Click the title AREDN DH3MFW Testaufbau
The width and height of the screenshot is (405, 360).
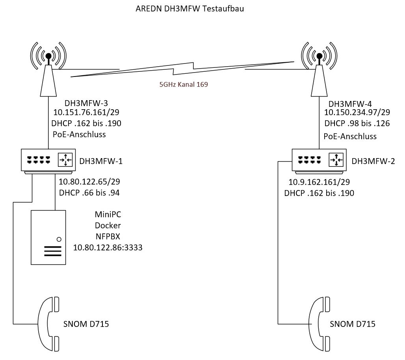pyautogui.click(x=189, y=9)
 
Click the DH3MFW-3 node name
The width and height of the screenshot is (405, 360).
pyautogui.click(x=86, y=103)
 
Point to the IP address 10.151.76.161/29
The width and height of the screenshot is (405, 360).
pyautogui.click(x=87, y=113)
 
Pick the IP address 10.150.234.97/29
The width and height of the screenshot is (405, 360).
pyautogui.click(x=357, y=114)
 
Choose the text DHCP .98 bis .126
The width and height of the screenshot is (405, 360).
pyautogui.click(x=357, y=123)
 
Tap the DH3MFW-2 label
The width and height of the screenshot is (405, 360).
pyautogui.click(x=373, y=161)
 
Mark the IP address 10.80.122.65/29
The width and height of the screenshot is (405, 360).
pyautogui.click(x=89, y=182)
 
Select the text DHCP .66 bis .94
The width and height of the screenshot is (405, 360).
pyautogui.click(x=89, y=193)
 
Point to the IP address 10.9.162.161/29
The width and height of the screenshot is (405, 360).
pyautogui.click(x=319, y=183)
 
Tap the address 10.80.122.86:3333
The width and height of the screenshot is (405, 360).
pyautogui.click(x=108, y=248)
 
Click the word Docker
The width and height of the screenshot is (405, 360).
pyautogui.click(x=108, y=226)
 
